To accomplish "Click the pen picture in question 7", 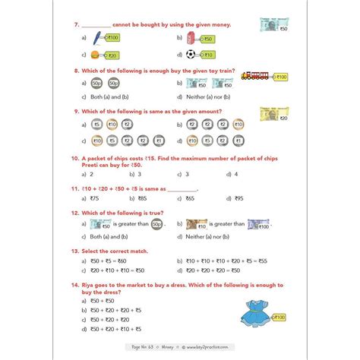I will (x=97, y=36).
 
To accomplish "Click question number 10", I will (x=75, y=159).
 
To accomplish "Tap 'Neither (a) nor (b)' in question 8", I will (x=209, y=97).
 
